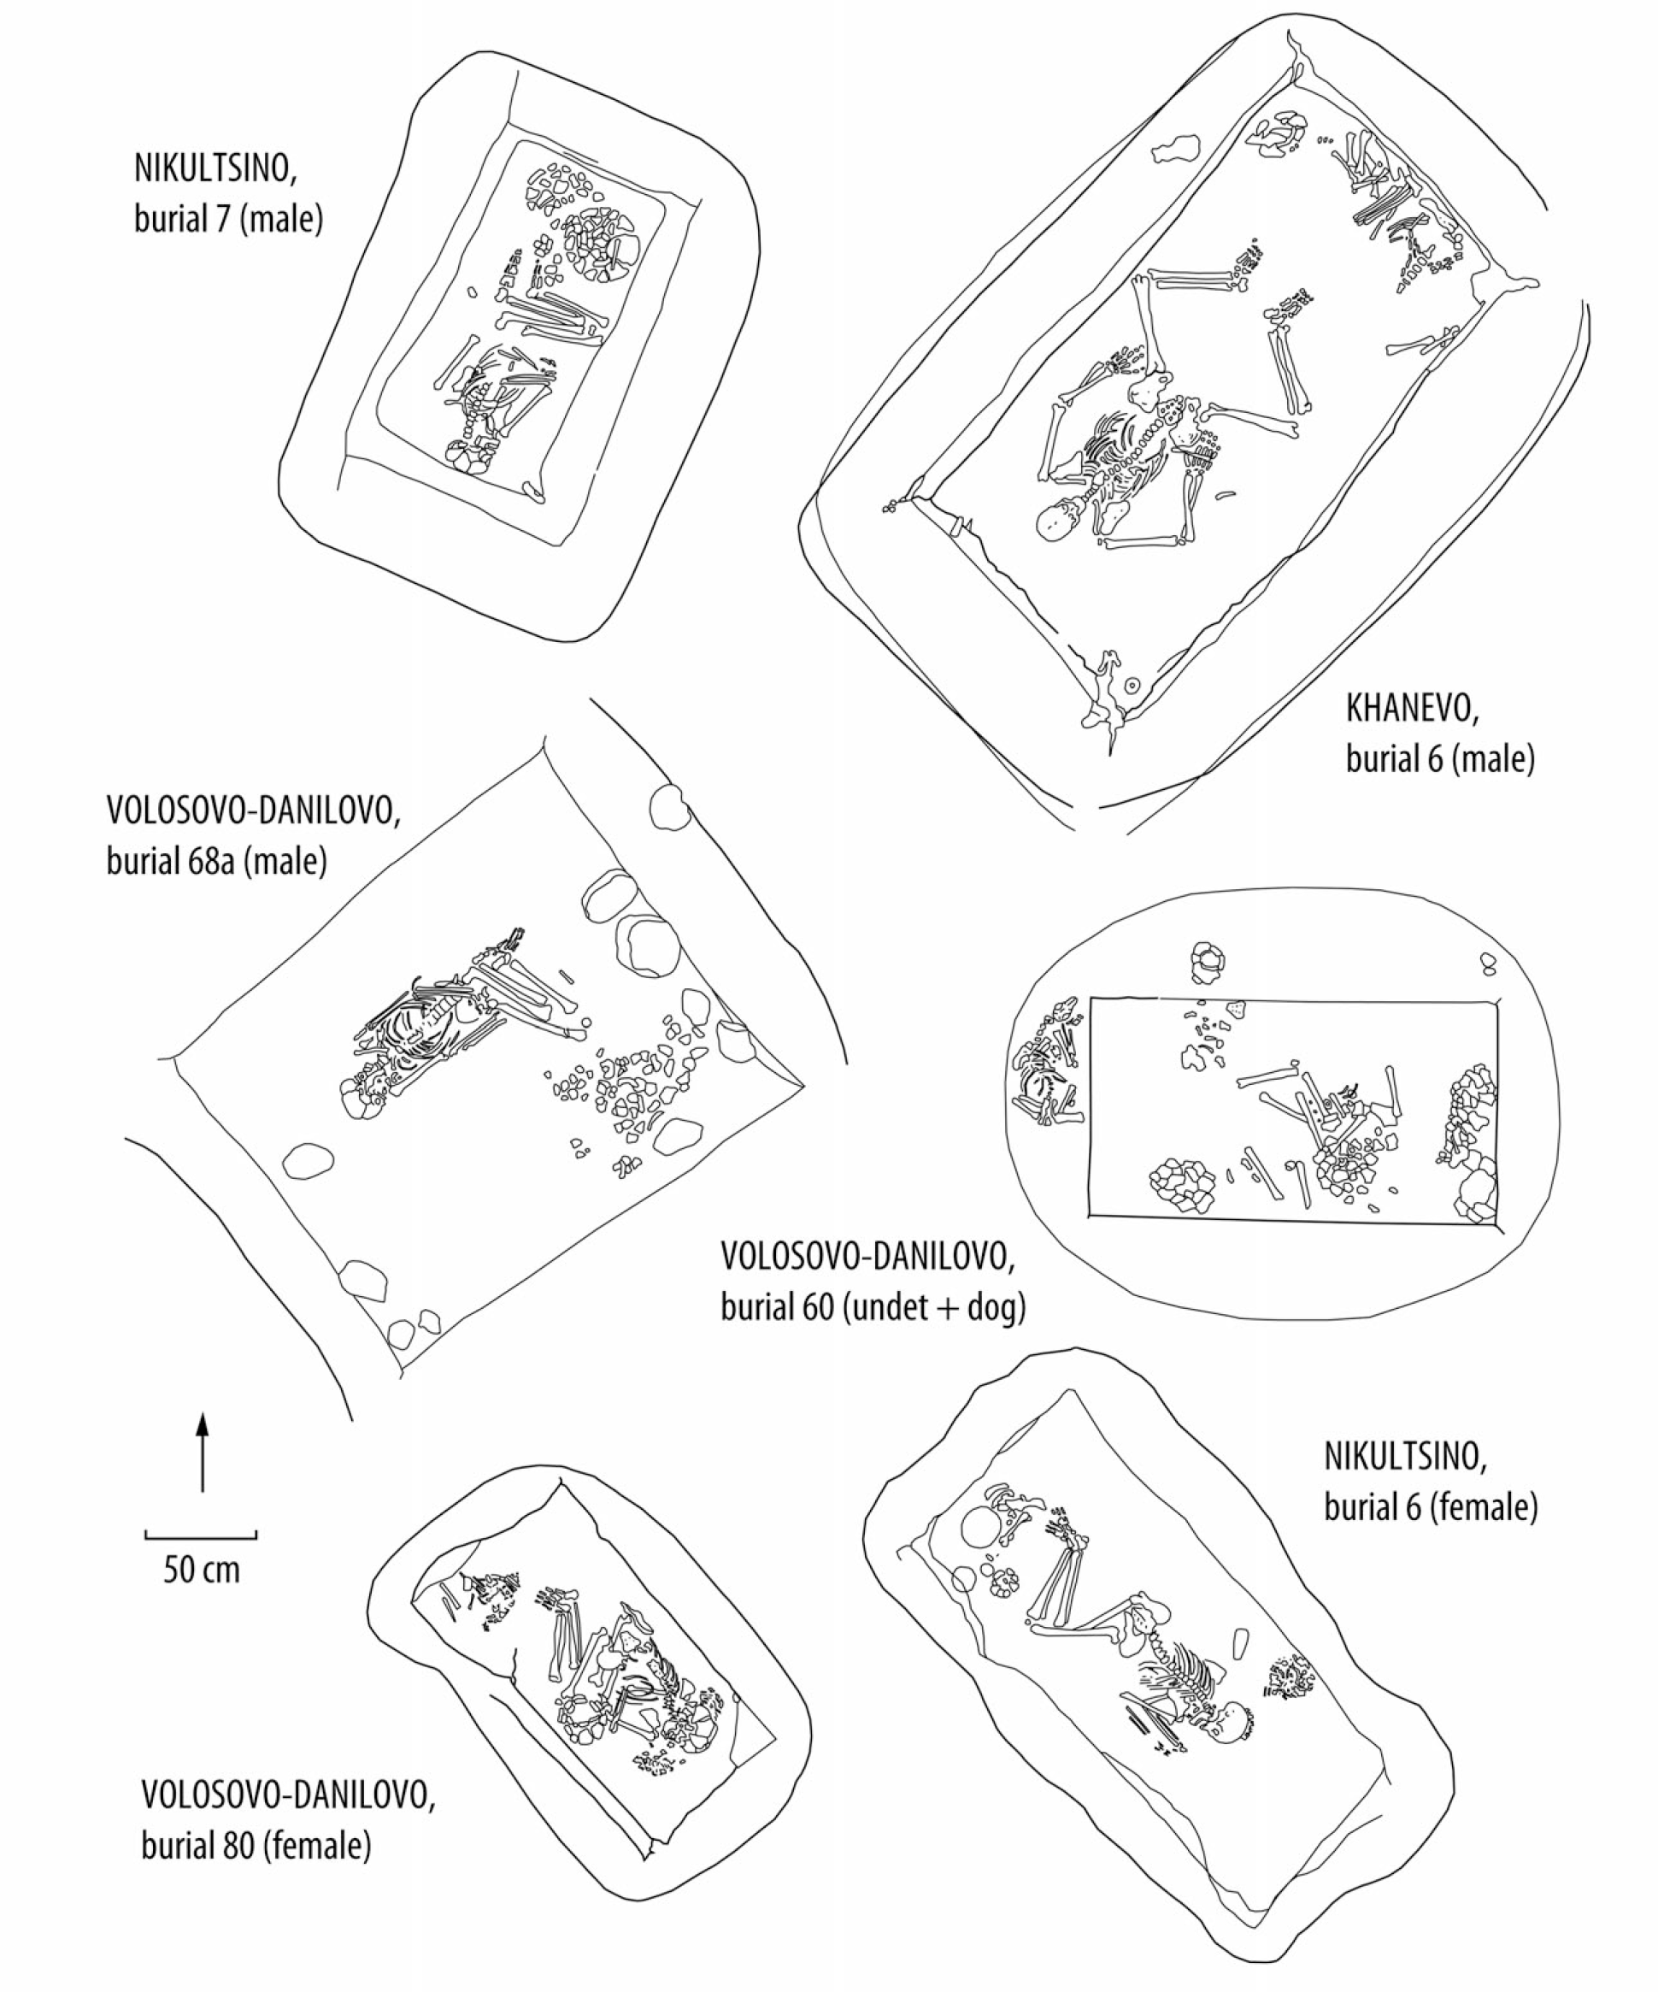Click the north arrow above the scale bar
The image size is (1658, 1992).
202,1453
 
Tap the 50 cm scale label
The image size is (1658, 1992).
201,1569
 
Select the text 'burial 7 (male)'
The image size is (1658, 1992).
228,219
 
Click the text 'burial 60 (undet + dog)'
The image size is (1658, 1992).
873,1308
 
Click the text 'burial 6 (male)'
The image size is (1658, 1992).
1440,759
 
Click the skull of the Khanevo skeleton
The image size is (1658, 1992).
1061,521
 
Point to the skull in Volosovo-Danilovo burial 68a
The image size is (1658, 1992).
359,1101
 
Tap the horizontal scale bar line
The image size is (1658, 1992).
201,1532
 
